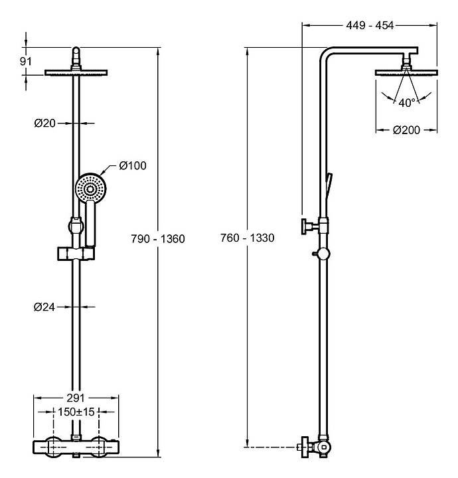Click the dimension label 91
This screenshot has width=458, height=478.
27,60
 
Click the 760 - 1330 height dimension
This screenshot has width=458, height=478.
247,238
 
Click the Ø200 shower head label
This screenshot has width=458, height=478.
406,130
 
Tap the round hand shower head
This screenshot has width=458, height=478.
90,188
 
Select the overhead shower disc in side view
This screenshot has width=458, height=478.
406,72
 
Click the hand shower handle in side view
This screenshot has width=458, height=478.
330,187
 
